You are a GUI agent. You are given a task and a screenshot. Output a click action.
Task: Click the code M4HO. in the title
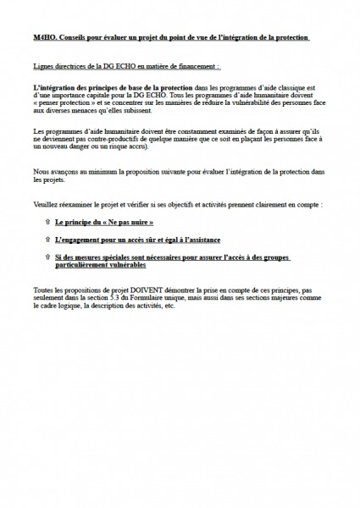(45, 38)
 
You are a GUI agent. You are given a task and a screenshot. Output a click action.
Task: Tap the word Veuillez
(48, 205)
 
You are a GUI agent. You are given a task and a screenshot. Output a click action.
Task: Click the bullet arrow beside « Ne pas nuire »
(46, 222)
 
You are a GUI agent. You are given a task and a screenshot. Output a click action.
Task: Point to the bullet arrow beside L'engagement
(46, 240)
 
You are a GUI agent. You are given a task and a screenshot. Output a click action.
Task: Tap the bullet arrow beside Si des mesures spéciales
(46, 257)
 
